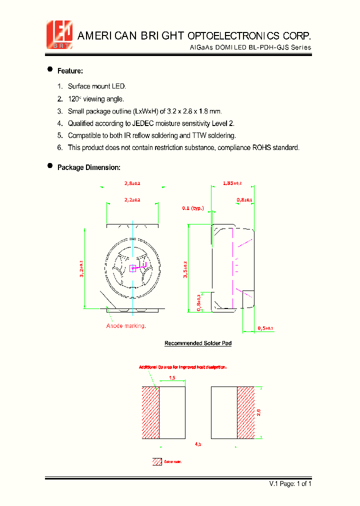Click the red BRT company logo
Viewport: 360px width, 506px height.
(x=59, y=34)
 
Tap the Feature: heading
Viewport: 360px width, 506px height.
(x=70, y=71)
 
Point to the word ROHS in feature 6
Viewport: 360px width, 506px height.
(x=264, y=147)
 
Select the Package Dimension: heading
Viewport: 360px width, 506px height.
(x=88, y=167)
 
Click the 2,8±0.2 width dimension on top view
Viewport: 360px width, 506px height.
(x=132, y=183)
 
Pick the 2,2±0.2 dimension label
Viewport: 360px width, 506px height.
(x=132, y=199)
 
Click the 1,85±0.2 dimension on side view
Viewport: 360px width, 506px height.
(x=232, y=183)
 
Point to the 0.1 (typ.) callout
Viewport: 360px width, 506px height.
(x=192, y=207)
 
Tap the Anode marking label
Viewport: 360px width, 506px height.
(x=126, y=326)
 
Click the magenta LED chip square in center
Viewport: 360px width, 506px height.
(x=132, y=268)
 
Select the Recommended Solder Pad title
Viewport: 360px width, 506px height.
(x=198, y=343)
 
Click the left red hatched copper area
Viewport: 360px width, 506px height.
(x=150, y=412)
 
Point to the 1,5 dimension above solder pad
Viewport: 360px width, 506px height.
(x=172, y=378)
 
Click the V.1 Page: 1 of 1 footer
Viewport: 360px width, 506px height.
(x=290, y=483)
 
